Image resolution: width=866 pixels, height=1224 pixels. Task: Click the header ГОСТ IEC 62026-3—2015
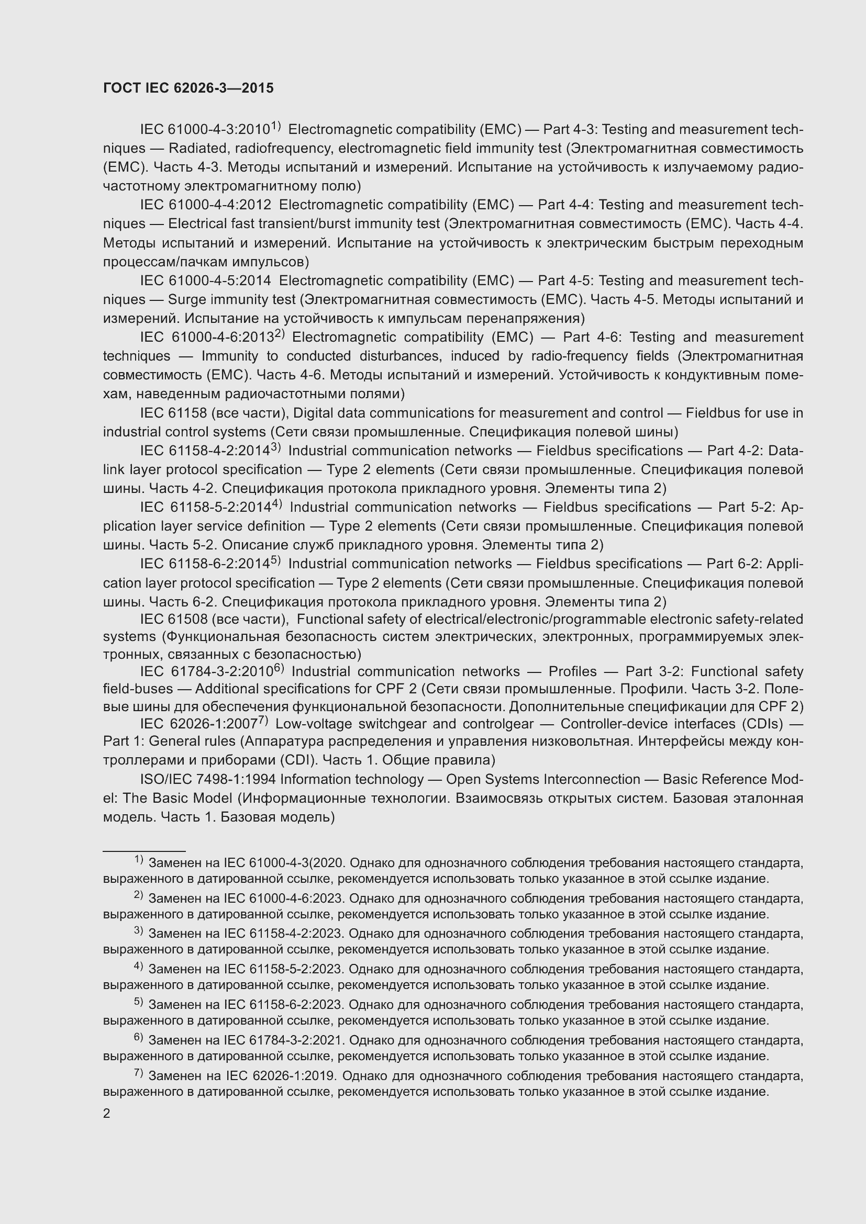click(188, 88)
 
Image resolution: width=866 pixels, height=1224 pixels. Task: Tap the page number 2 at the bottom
click(107, 1113)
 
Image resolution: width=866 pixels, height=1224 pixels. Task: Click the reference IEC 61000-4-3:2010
click(205, 130)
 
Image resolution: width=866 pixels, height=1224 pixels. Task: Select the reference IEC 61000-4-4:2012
click(205, 205)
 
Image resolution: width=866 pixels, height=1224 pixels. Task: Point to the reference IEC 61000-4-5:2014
click(205, 280)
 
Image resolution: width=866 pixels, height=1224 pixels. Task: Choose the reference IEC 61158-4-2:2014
click(205, 451)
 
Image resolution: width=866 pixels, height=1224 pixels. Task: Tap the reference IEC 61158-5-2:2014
click(205, 508)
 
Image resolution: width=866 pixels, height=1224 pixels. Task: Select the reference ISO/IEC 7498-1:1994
click(207, 779)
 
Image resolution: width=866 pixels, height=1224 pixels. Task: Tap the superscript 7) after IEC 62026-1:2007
click(262, 721)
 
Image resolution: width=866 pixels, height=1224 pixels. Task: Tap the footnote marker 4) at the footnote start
click(138, 966)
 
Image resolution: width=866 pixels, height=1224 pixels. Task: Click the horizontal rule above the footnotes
click(144, 851)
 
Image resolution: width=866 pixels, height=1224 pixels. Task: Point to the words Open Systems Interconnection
click(543, 779)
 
